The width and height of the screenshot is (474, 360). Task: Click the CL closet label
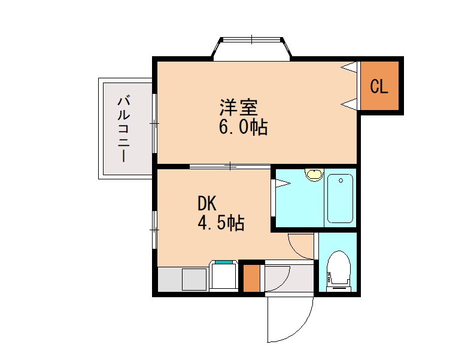pyautogui.click(x=379, y=87)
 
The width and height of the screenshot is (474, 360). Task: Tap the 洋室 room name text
pyautogui.click(x=238, y=108)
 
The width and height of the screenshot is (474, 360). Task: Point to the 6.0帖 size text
pyautogui.click(x=243, y=128)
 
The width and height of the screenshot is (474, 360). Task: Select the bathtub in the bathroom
pyautogui.click(x=340, y=198)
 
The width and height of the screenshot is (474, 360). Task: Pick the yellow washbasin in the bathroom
pyautogui.click(x=313, y=174)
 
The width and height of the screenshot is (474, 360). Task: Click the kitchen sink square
pyautogui.click(x=193, y=279)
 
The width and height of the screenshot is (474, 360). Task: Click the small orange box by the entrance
pyautogui.click(x=253, y=279)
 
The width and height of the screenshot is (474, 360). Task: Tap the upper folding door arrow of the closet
pyautogui.click(x=350, y=68)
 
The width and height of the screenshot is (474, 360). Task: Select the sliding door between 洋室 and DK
pyautogui.click(x=230, y=166)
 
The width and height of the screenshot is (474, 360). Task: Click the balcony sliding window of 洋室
pyautogui.click(x=154, y=124)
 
